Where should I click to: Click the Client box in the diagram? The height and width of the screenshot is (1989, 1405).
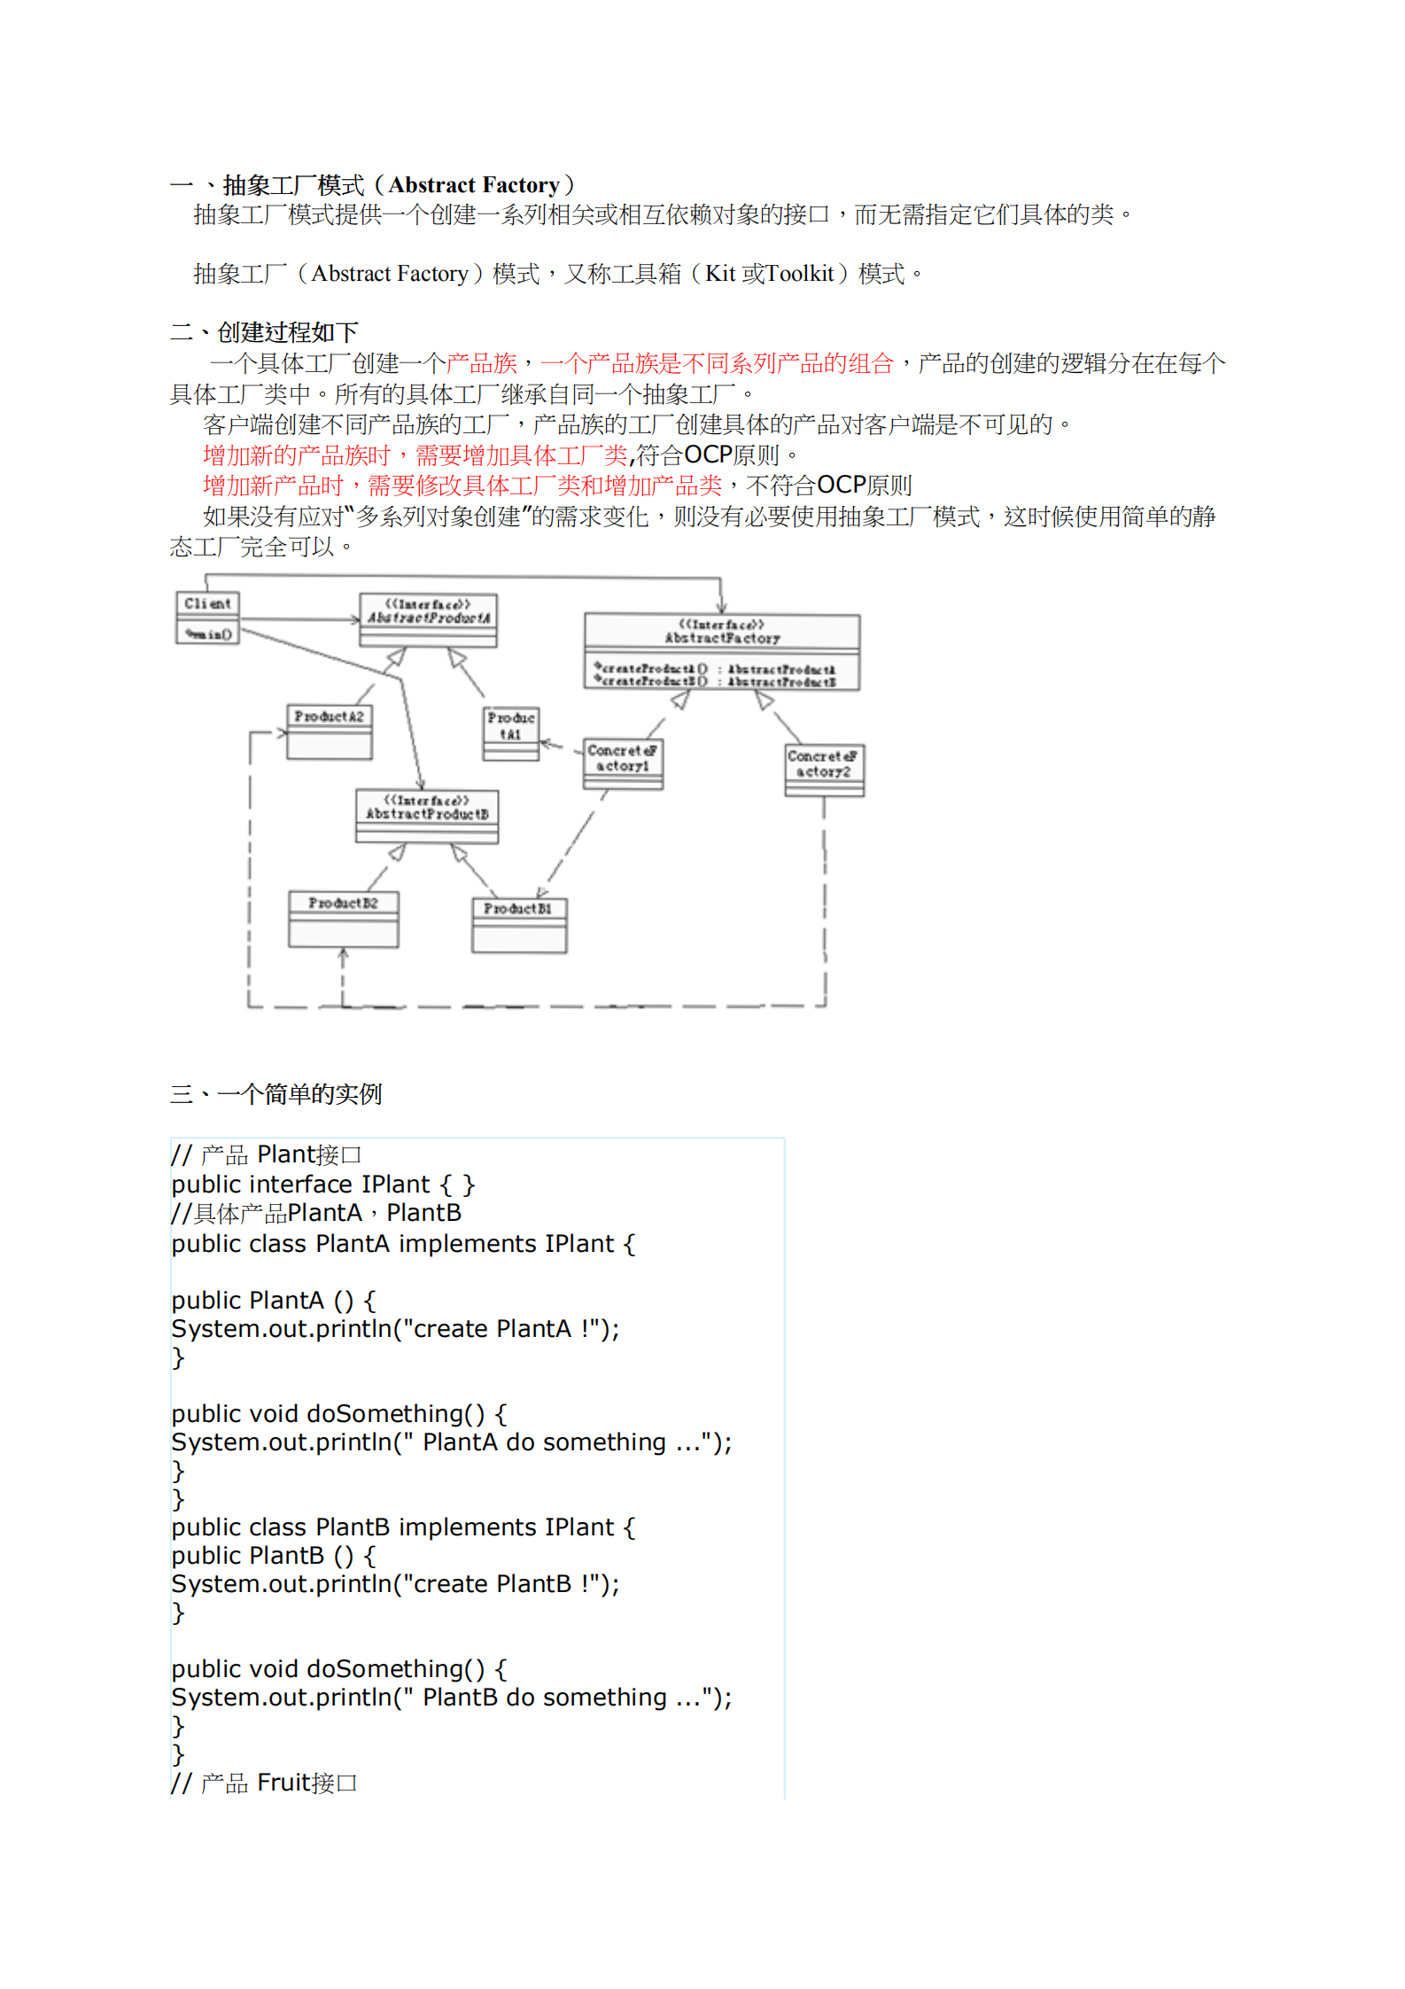pyautogui.click(x=207, y=617)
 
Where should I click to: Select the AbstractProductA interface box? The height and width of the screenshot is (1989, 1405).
pyautogui.click(x=428, y=618)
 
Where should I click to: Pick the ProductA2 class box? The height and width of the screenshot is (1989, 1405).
pyautogui.click(x=329, y=731)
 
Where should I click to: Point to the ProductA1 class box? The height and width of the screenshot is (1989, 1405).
pyautogui.click(x=510, y=733)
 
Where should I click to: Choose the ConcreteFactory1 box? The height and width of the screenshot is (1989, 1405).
pyautogui.click(x=622, y=764)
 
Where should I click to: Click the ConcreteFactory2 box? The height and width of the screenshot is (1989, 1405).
pyautogui.click(x=824, y=769)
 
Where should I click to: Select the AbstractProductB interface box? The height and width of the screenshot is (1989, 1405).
pyautogui.click(x=427, y=815)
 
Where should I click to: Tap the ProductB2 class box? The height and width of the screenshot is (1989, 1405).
pyautogui.click(x=343, y=918)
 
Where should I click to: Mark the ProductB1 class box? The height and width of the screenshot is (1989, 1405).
pyautogui.click(x=518, y=924)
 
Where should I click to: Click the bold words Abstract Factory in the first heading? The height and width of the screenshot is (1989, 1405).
pyautogui.click(x=474, y=185)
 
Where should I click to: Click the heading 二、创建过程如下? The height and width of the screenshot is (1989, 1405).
pyautogui.click(x=264, y=332)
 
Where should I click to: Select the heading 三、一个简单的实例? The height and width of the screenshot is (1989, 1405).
pyautogui.click(x=276, y=1094)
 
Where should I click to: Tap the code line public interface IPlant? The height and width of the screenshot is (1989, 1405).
pyautogui.click(x=323, y=1185)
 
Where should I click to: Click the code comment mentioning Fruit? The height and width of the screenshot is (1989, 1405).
pyautogui.click(x=264, y=1783)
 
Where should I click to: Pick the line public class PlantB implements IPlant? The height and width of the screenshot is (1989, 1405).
pyautogui.click(x=403, y=1527)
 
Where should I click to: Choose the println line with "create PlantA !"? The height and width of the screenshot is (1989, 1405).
pyautogui.click(x=395, y=1329)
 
